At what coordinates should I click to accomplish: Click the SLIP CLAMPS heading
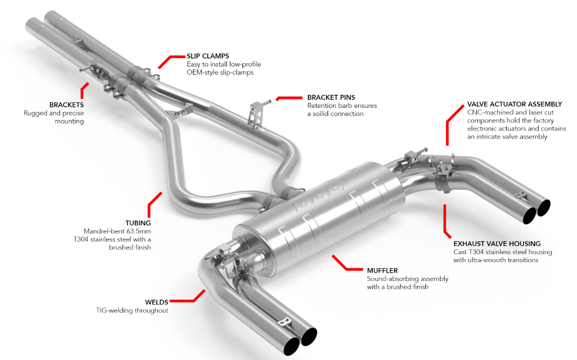pyautogui.click(x=208, y=56)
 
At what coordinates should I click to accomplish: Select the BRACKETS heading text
pyautogui.click(x=67, y=105)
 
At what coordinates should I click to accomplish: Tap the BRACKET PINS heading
pyautogui.click(x=331, y=97)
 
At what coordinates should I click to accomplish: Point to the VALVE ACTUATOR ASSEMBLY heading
pyautogui.click(x=515, y=104)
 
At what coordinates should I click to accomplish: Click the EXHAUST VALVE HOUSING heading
pyautogui.click(x=497, y=244)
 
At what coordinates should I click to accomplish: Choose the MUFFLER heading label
pyautogui.click(x=382, y=271)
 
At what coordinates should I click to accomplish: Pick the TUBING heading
pyautogui.click(x=138, y=223)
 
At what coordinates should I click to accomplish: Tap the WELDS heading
pyautogui.click(x=157, y=302)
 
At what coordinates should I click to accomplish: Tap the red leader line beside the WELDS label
pyautogui.click(x=187, y=297)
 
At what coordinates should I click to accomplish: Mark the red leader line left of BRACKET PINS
pyautogui.click(x=289, y=98)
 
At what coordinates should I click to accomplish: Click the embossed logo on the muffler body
pyautogui.click(x=318, y=197)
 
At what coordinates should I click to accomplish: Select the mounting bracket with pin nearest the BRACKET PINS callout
pyautogui.click(x=258, y=113)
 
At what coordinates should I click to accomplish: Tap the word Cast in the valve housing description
pyautogui.click(x=460, y=252)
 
